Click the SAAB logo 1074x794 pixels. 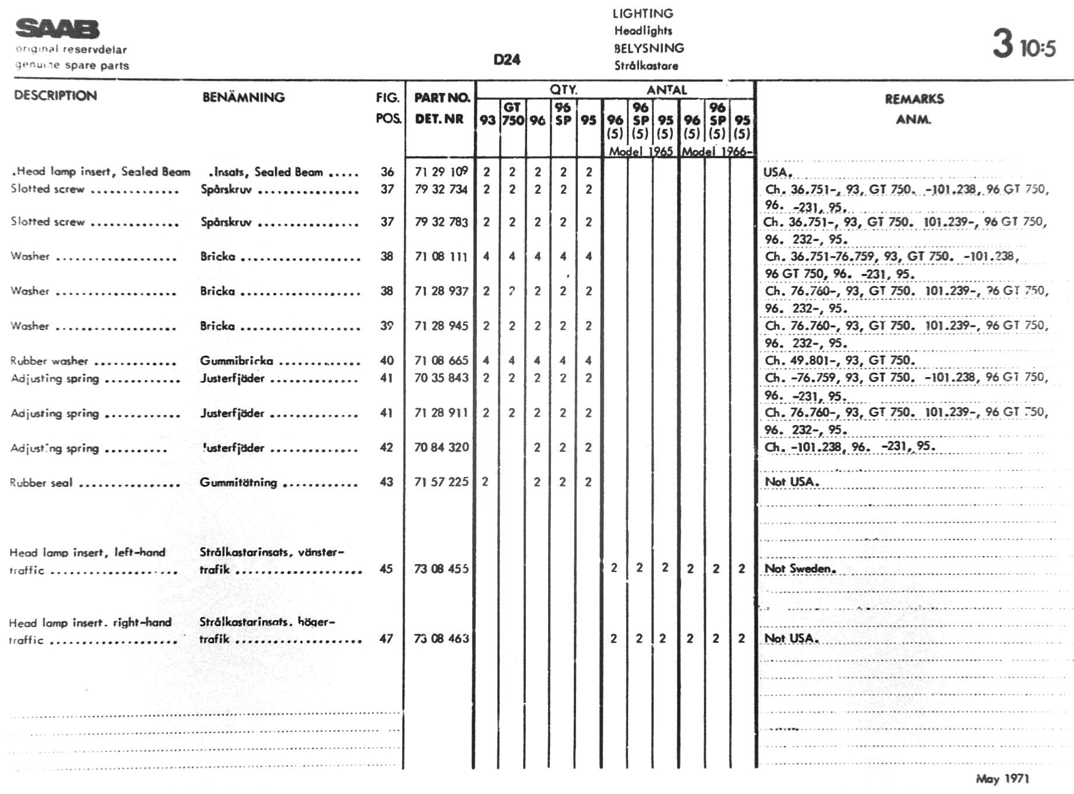point(57,28)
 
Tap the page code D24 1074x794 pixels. point(507,60)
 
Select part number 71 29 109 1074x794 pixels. point(441,172)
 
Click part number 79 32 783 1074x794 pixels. point(441,222)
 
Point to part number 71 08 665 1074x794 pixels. point(441,360)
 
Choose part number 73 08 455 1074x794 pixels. point(441,569)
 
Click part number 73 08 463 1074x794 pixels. point(441,639)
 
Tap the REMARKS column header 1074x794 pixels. point(914,99)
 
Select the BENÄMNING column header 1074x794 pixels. point(243,97)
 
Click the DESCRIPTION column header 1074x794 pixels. point(55,96)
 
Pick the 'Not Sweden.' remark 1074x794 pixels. point(800,569)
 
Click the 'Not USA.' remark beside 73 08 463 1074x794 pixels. point(791,639)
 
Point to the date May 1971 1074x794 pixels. point(1002,778)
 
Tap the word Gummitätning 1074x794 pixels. point(238,482)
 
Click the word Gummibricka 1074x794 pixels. point(236,360)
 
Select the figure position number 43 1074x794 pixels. point(386,482)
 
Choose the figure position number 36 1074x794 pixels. point(387,172)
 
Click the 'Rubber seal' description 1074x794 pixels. point(41,483)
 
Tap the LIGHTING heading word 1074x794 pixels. point(643,13)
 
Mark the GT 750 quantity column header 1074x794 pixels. point(512,114)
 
